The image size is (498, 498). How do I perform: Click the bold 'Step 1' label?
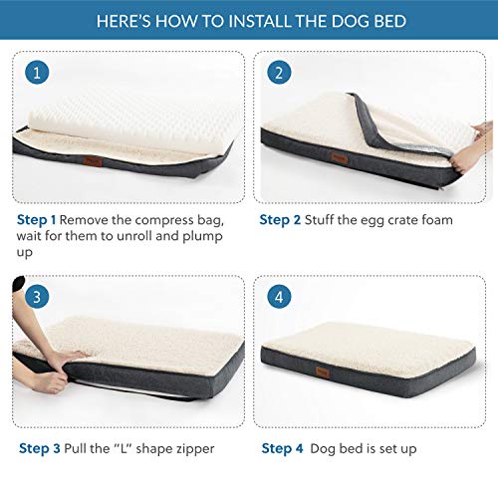(38, 219)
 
